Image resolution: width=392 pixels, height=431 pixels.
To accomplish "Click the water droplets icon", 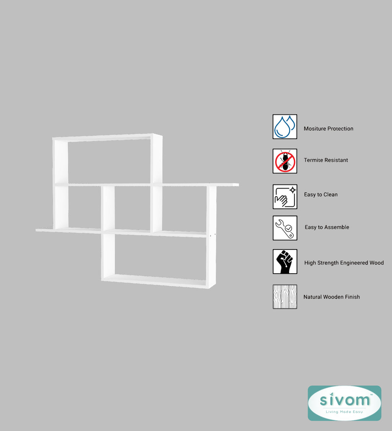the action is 285,127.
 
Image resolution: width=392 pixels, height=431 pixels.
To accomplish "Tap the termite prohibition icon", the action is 285,161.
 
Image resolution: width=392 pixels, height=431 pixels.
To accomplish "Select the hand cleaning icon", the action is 285,196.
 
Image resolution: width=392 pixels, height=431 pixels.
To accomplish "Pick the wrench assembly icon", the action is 285,228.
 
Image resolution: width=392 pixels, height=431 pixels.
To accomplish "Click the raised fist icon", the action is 285,261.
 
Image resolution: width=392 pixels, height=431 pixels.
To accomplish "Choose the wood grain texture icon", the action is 285,297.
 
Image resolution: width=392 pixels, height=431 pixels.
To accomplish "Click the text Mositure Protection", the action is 328,129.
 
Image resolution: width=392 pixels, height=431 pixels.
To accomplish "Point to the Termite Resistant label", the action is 326,160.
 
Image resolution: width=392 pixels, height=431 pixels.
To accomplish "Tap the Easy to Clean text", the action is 321,194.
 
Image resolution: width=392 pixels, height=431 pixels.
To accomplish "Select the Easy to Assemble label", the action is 327,227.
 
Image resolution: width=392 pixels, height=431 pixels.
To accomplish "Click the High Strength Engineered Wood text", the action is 344,263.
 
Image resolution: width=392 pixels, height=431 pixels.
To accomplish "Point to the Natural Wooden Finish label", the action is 332,297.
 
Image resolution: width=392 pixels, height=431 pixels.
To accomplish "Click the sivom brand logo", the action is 345,403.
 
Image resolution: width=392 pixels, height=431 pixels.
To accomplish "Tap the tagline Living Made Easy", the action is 344,412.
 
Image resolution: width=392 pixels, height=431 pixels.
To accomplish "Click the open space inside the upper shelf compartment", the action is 109,162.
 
